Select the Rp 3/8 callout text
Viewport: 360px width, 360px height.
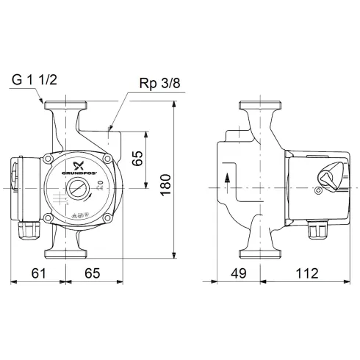[x=159, y=84]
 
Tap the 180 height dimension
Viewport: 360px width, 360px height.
[x=165, y=180]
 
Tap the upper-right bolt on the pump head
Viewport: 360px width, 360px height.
[x=108, y=159]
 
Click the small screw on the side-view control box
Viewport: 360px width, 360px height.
[x=317, y=192]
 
